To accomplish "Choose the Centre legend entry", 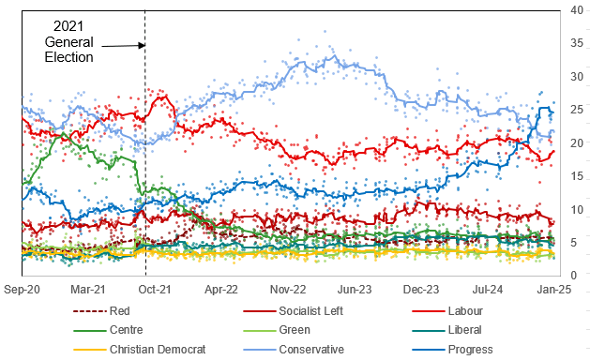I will pyautogui.click(x=128, y=330).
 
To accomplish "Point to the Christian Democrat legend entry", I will pyautogui.click(x=157, y=349).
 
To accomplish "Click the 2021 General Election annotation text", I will pyautogui.click(x=70, y=41).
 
